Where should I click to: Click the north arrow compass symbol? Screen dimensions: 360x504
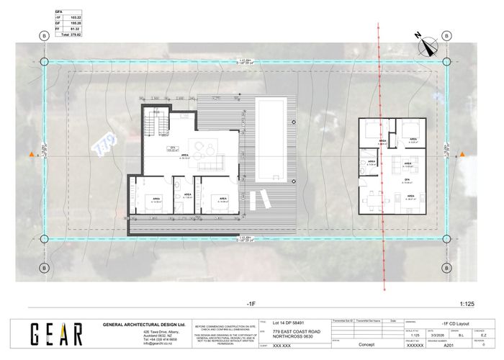(x=429, y=43)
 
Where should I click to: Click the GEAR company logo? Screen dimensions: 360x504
(x=56, y=333)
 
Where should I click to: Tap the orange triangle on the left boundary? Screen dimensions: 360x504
(x=30, y=155)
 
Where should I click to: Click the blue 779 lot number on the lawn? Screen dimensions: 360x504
(x=105, y=142)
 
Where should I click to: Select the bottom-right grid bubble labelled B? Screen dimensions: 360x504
(x=446, y=268)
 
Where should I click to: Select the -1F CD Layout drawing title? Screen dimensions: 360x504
(x=451, y=324)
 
